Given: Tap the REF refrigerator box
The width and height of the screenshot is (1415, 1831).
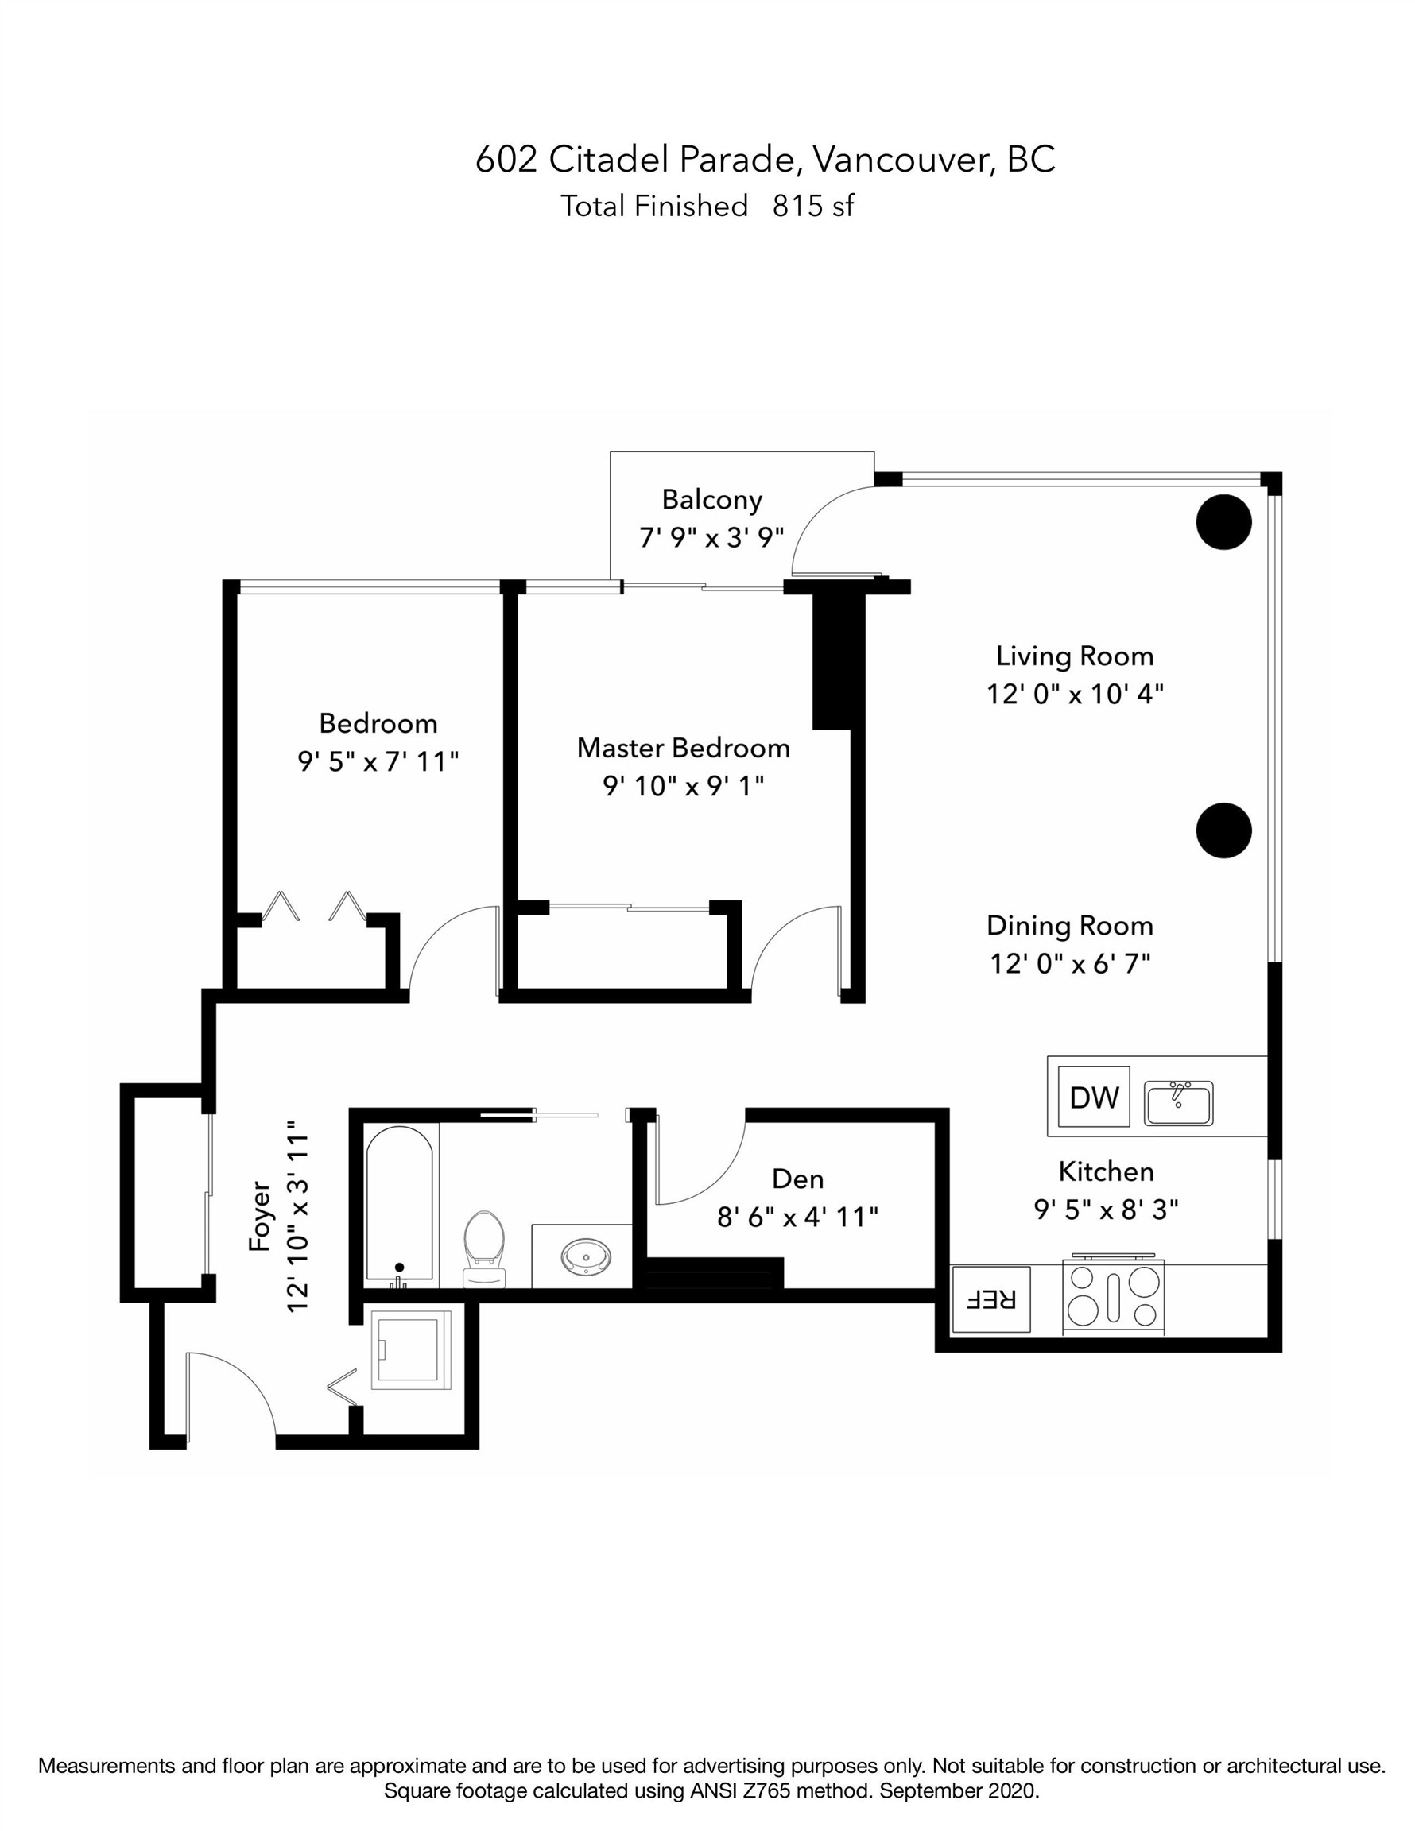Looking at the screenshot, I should coord(990,1299).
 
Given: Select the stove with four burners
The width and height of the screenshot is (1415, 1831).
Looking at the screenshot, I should coord(1112,1297).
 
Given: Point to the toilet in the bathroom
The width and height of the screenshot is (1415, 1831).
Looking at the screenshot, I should coord(484,1247).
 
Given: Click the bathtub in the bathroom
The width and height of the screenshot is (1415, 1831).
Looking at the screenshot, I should coord(399,1205).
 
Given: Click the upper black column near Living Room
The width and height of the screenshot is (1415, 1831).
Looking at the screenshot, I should coord(1223,522).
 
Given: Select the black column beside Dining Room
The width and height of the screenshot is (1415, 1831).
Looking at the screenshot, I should coord(1223,830).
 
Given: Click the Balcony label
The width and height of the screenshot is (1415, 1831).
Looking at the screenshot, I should coord(711,500).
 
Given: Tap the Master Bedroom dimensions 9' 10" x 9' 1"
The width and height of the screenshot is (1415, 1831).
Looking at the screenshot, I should coord(683,787).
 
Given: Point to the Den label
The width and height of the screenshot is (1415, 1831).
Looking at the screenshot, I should coord(797,1179).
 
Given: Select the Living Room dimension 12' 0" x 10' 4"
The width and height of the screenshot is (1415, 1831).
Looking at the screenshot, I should coord(1075,694).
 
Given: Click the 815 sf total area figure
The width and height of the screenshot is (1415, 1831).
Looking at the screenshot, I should coord(812,207).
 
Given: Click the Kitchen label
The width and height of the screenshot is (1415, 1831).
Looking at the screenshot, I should coord(1106,1171).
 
